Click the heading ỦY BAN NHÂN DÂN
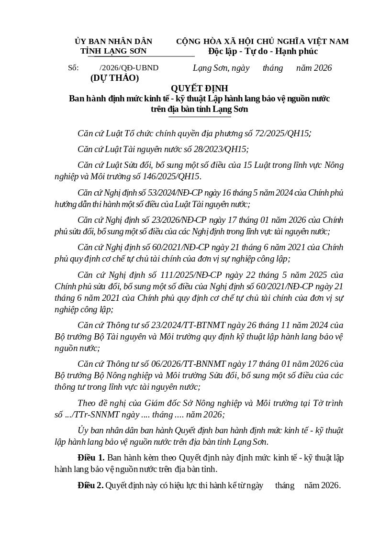(x=113, y=42)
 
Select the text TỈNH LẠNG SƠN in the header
(x=113, y=51)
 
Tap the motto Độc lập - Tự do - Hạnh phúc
(x=263, y=51)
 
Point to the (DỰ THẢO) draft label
(x=114, y=78)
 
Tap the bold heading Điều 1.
(x=91, y=458)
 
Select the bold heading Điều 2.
(x=90, y=485)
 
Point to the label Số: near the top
(x=73, y=68)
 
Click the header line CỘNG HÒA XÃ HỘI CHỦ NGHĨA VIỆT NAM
(x=262, y=42)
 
